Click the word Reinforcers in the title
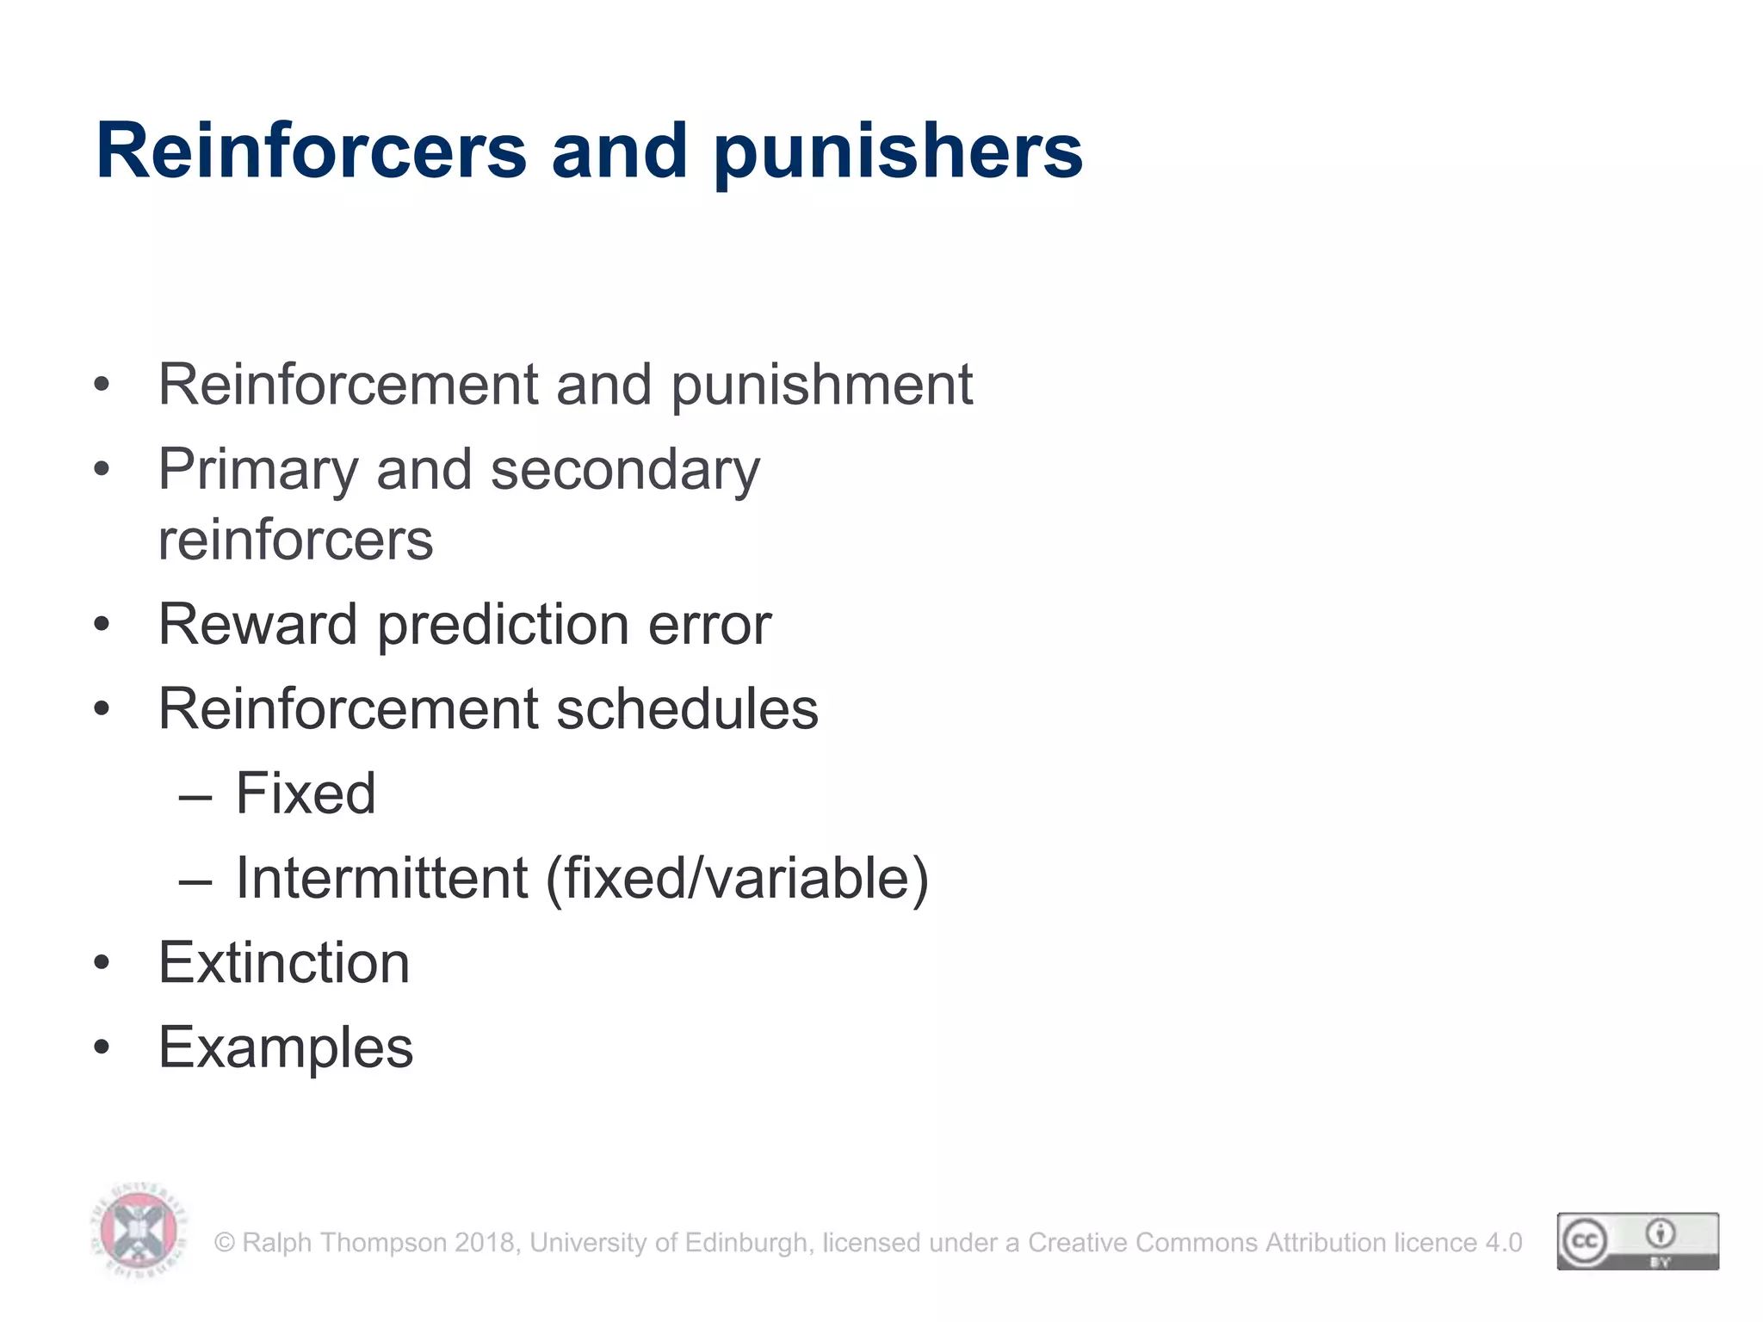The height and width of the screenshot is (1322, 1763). (311, 151)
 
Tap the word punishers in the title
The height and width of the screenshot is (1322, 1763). (898, 153)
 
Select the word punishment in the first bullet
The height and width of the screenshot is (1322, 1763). (821, 385)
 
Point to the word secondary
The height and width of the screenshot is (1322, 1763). (625, 471)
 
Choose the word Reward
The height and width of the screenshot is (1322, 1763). (257, 624)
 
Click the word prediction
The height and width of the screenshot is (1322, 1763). (503, 626)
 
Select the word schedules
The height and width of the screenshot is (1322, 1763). (687, 709)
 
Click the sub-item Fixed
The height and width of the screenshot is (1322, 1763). (306, 793)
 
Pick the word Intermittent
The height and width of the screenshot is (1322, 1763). (381, 878)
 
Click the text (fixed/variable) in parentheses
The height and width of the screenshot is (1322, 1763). (738, 880)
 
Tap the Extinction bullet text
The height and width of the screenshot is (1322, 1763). (284, 962)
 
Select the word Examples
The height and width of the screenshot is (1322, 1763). (286, 1048)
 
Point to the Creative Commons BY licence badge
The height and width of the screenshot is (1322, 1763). (1637, 1240)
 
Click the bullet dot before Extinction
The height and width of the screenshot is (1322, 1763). (102, 963)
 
